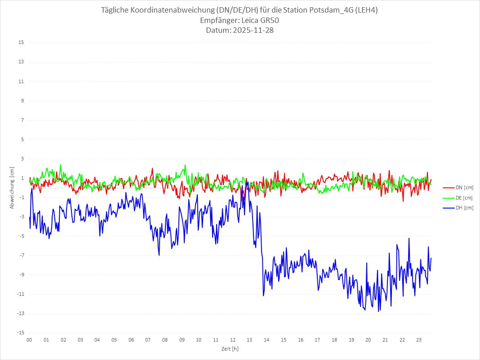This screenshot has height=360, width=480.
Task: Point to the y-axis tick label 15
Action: coord(21,43)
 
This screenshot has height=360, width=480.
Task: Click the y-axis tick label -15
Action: coord(20,333)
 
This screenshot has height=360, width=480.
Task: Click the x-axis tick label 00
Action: coord(29,340)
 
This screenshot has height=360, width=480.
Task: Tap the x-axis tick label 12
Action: coord(233,340)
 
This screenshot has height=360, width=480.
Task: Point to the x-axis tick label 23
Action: coord(419,340)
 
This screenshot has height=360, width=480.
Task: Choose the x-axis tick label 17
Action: coord(317,340)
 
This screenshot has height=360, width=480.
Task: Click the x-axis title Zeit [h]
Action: coord(230,349)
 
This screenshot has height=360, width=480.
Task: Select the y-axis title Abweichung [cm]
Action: coord(12,187)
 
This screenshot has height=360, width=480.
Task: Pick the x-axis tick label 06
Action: coord(131,340)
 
